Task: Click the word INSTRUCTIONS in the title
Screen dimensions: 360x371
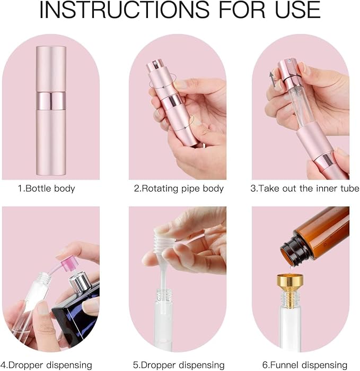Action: click(x=125, y=10)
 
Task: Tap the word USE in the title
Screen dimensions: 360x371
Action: click(x=297, y=10)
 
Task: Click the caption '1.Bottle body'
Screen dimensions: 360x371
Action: click(x=47, y=188)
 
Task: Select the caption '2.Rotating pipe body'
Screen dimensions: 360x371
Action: click(x=179, y=188)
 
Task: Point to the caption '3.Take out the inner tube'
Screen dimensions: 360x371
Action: click(x=305, y=188)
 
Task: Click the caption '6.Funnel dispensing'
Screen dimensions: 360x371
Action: click(x=305, y=365)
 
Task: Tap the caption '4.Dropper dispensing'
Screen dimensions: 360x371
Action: click(x=47, y=365)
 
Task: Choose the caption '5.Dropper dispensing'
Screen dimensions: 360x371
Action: click(x=179, y=365)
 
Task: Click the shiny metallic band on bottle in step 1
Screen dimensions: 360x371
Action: click(x=51, y=101)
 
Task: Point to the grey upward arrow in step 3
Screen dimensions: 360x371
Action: click(x=273, y=79)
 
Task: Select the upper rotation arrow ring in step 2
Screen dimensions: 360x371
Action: click(x=163, y=81)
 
